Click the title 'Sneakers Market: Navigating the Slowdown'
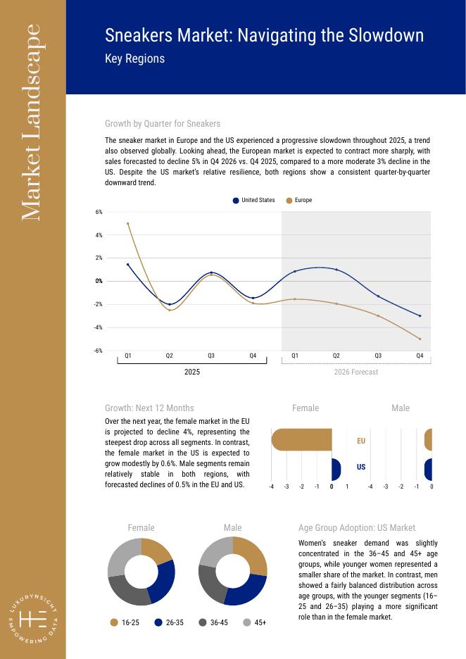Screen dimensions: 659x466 [264, 36]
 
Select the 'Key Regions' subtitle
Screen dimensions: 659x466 [134, 58]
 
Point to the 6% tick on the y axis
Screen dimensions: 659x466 [99, 212]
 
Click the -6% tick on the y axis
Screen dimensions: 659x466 [99, 351]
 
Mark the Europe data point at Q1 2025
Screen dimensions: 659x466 [127, 223]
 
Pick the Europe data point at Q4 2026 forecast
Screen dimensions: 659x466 [420, 339]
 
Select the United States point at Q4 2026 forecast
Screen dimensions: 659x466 [420, 315]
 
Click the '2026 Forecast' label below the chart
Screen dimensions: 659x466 [355, 372]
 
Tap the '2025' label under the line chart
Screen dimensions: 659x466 [191, 372]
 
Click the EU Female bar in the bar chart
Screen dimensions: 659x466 [301, 440]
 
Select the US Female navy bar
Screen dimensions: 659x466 [336, 468]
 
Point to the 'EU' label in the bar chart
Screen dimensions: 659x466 [361, 441]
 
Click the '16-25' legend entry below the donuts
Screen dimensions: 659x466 [125, 622]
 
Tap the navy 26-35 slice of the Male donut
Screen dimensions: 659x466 [245, 591]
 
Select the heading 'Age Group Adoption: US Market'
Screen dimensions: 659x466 [356, 527]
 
